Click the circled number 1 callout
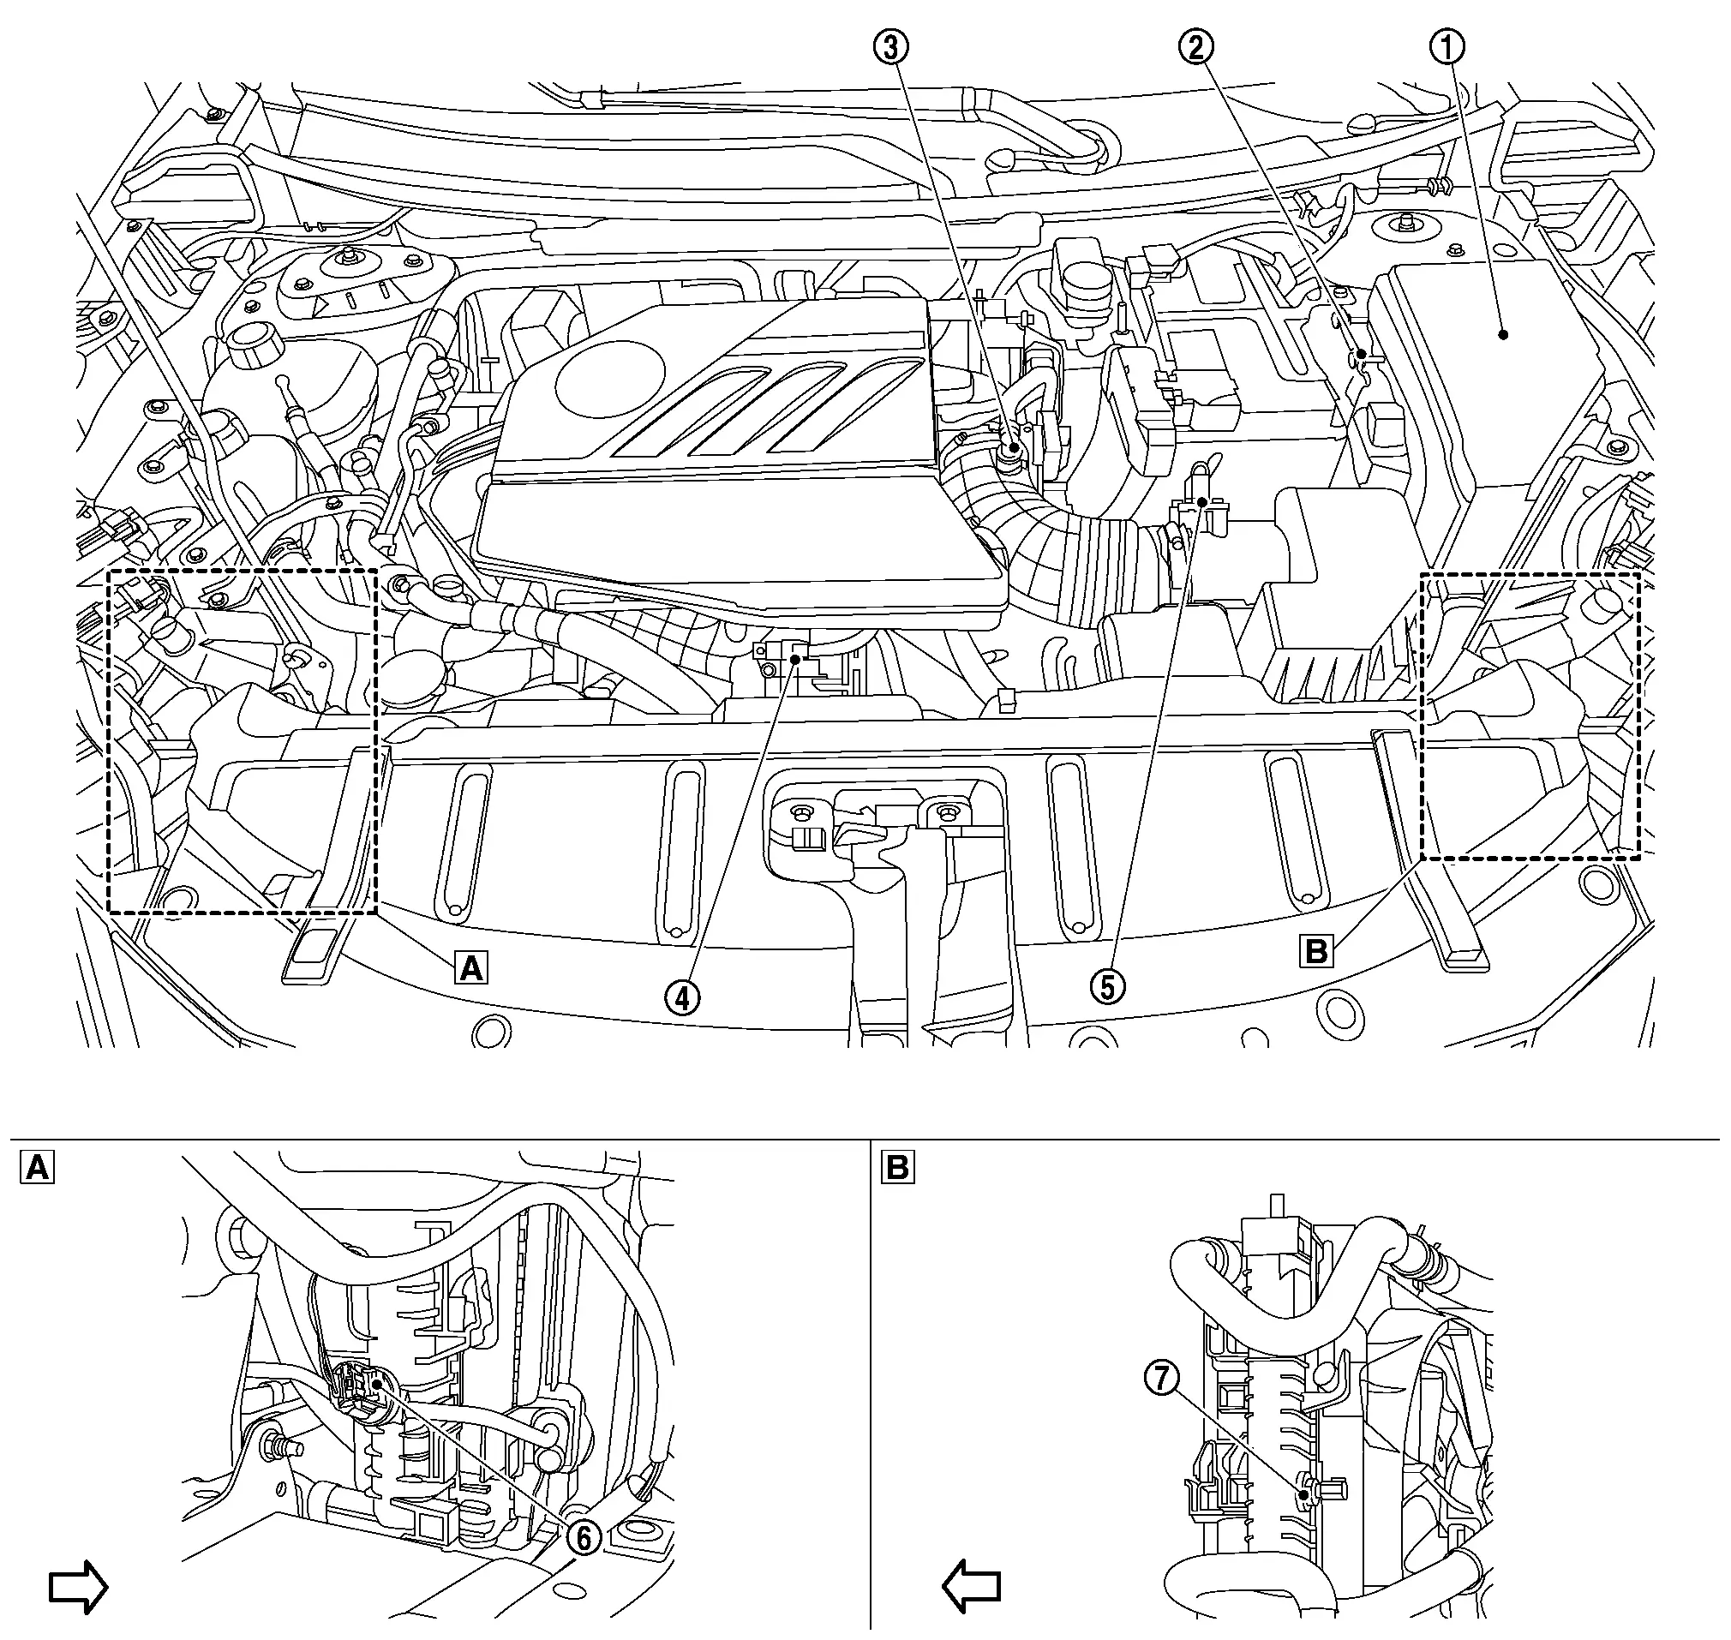click(x=1446, y=47)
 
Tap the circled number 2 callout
click(x=1196, y=47)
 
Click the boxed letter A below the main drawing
click(x=470, y=968)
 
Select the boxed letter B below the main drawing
click(x=1316, y=951)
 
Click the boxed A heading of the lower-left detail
click(x=37, y=1167)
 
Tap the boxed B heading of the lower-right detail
click(x=897, y=1167)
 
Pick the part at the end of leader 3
click(x=1013, y=449)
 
